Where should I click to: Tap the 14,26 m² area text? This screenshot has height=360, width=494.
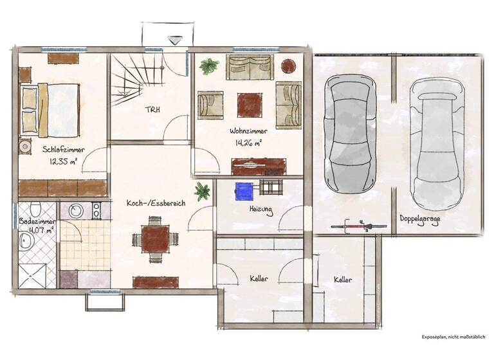pos(248,143)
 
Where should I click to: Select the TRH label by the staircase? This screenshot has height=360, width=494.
pos(152,109)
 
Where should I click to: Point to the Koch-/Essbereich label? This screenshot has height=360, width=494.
pos(156,203)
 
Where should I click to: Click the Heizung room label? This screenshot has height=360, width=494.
pos(262,210)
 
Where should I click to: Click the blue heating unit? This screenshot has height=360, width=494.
pos(244,191)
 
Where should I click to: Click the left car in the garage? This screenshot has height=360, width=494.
pos(351,133)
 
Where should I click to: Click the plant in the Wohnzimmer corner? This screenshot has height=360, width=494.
pos(208,66)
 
